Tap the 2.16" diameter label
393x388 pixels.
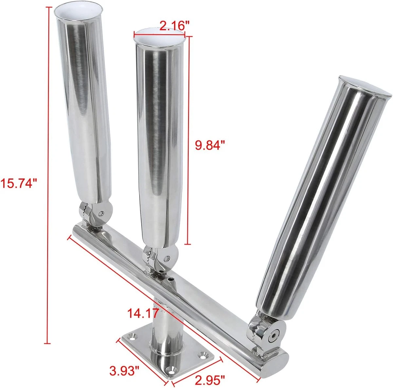tap(175, 26)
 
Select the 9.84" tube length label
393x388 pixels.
tap(210, 145)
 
